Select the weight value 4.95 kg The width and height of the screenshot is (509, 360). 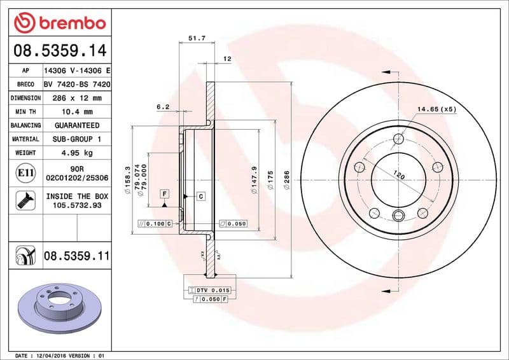coord(76,153)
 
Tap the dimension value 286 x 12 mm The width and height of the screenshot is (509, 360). coord(76,98)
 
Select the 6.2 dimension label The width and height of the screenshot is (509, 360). coord(162,107)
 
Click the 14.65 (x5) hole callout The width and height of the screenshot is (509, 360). coord(437,109)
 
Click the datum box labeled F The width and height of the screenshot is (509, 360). coord(164,193)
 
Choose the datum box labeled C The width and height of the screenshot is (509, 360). coord(200,197)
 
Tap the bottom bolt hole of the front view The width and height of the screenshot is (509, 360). coord(398,214)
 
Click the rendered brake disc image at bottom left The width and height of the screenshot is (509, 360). coord(57,305)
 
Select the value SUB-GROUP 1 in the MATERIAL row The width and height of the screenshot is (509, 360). coord(76,139)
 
